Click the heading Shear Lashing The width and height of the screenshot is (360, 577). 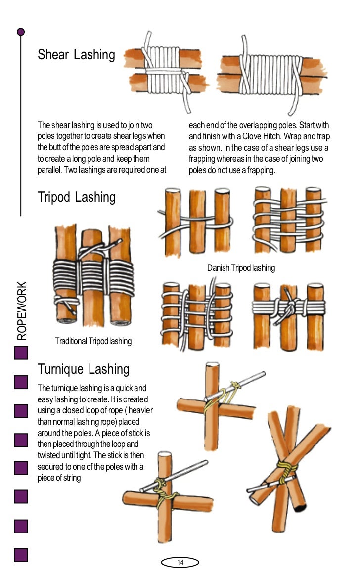coord(76,55)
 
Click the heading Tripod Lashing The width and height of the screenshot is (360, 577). coord(76,197)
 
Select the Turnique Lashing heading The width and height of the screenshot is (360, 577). coord(84,369)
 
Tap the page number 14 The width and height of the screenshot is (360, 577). coord(180,562)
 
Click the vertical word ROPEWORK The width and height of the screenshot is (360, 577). coord(22,311)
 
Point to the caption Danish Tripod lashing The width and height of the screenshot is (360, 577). coord(241,268)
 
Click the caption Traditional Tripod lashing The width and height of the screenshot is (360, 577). coord(93,341)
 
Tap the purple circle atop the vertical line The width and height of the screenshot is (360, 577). coord(21,32)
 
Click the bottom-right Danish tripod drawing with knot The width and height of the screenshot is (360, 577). coord(288,310)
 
